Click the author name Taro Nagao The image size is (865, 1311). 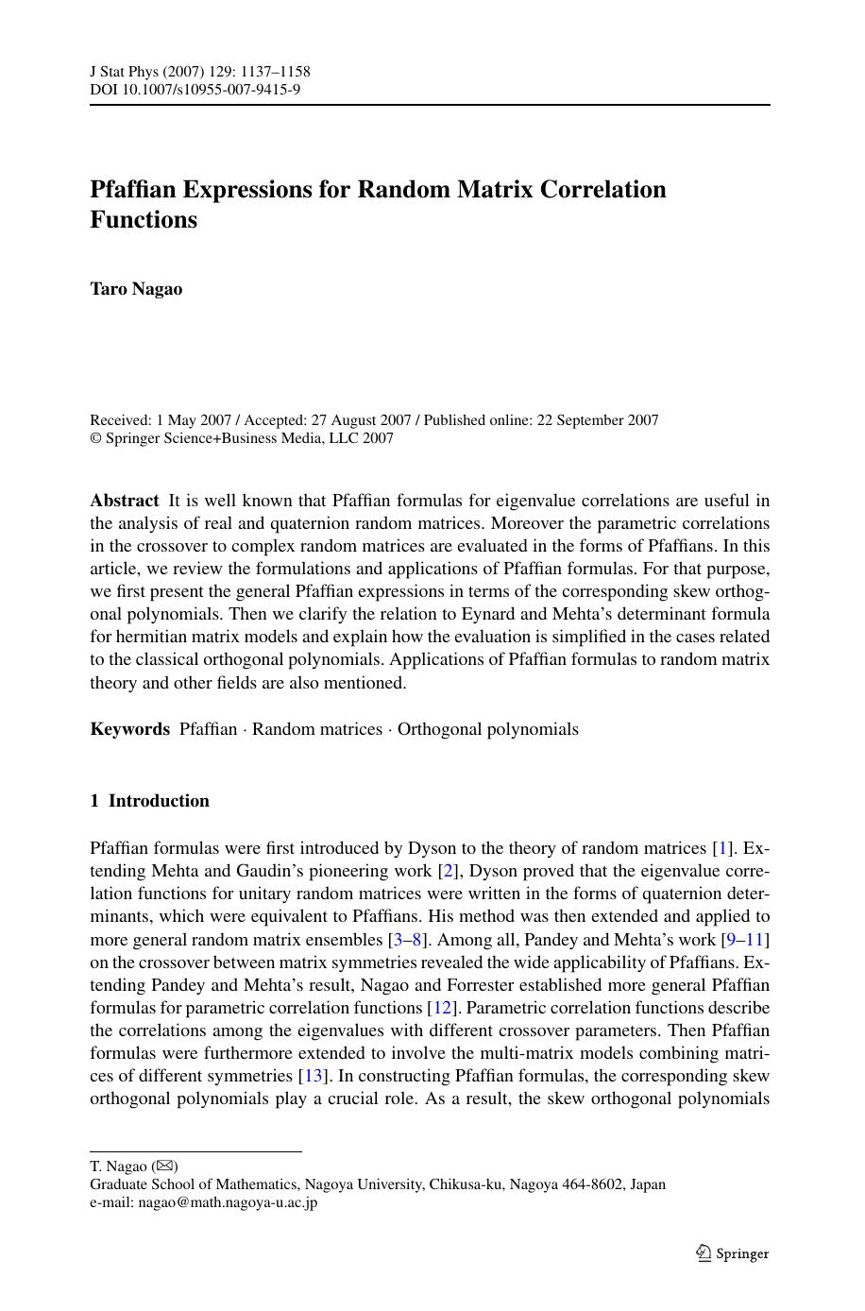point(136,289)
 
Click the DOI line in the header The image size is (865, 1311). point(195,90)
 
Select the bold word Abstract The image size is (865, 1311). point(124,501)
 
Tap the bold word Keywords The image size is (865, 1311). point(129,729)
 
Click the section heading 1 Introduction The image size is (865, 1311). point(149,801)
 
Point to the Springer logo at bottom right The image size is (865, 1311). point(733,1253)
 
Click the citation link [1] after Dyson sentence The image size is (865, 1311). point(723,848)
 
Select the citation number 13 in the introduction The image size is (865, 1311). point(313,1076)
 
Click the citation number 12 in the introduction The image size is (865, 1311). point(442,1008)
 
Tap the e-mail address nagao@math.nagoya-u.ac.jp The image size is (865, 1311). point(228,1202)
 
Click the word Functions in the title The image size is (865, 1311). point(144,220)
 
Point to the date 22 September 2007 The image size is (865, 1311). point(598,420)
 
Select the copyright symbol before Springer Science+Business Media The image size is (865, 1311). point(95,438)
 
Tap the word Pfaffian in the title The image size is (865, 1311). point(132,190)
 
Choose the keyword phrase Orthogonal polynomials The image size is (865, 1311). point(487,729)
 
